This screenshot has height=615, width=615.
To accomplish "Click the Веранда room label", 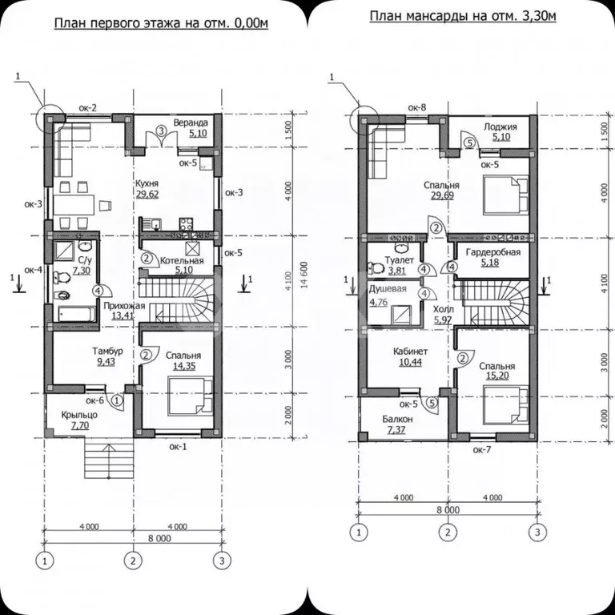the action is (191, 123).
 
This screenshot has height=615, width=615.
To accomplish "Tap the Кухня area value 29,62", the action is (147, 194).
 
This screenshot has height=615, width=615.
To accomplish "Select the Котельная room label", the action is (182, 261).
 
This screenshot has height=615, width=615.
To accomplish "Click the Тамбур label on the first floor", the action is (107, 351).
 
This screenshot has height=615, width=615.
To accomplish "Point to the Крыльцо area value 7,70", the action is (79, 425).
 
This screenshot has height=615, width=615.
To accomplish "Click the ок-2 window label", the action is (88, 108).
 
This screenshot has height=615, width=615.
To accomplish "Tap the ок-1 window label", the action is (178, 446).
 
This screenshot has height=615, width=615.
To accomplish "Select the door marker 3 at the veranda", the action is (161, 131).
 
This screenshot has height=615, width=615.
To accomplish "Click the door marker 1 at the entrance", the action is (118, 401).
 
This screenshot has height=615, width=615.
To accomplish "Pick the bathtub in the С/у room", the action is (77, 314).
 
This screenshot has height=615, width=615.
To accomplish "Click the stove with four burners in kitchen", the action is (187, 223).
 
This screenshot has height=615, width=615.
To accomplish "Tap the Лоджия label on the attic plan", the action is (500, 127).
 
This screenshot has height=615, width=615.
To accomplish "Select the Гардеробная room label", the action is (493, 252).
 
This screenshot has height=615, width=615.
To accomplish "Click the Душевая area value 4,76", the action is (379, 303).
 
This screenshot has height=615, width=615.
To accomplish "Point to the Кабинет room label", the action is (410, 352).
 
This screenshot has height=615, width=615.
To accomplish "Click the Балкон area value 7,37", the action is (396, 430).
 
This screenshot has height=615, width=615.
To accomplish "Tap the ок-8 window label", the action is (417, 107).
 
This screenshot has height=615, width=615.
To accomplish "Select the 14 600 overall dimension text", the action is (305, 275).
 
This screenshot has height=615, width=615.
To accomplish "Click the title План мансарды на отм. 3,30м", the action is (463, 17).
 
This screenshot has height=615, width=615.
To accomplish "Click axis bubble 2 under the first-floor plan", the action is (134, 561).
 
